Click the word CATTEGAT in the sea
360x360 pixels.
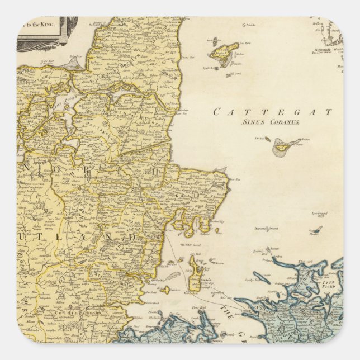[272, 112]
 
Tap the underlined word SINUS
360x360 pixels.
[253, 122]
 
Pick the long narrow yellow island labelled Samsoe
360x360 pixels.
[194, 277]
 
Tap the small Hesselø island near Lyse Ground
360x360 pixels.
[316, 230]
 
